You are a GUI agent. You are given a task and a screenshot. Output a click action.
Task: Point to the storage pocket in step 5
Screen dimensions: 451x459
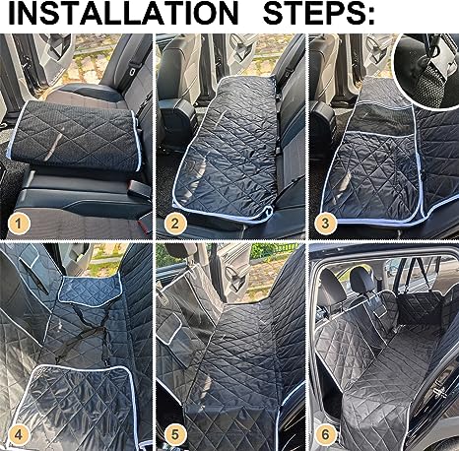tap(182, 315)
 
